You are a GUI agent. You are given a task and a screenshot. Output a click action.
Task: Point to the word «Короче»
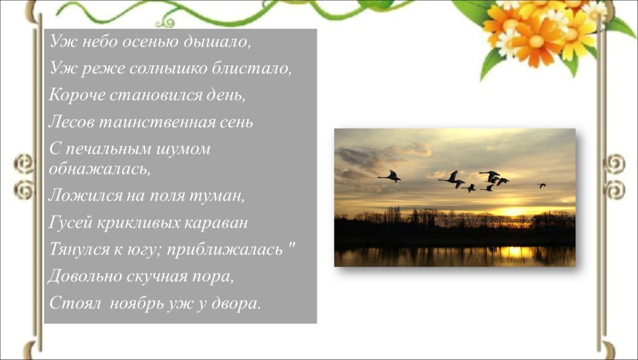click(x=72, y=95)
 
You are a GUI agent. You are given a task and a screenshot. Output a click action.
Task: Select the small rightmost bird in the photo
click(x=541, y=186)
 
